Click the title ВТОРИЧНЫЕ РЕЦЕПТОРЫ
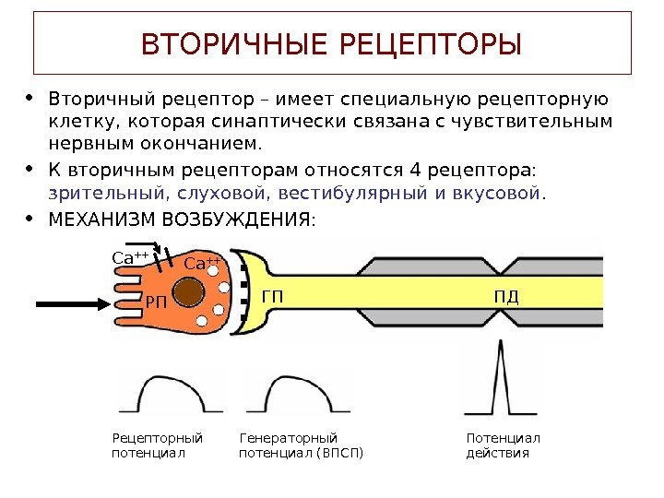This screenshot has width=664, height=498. [x=331, y=43]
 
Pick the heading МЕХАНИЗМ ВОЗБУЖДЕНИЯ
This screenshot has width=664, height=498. [x=181, y=219]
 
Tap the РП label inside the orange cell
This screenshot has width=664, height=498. [x=157, y=302]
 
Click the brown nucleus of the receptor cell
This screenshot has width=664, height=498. [x=188, y=292]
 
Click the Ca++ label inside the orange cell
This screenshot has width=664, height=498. [x=202, y=265]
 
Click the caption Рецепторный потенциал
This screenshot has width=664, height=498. [x=157, y=445]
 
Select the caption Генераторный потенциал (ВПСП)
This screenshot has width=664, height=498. [x=301, y=445]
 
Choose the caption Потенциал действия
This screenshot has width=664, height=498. [x=503, y=445]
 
